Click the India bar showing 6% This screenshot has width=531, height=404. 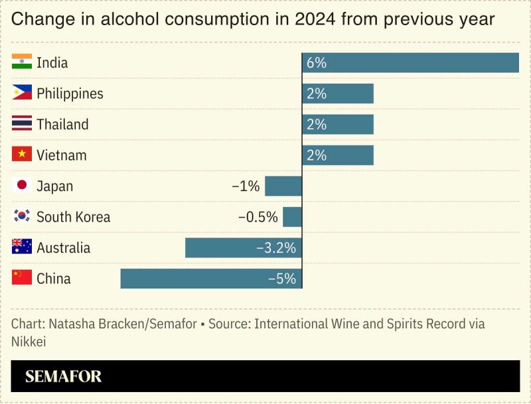(410, 63)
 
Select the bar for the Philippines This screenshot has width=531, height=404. (338, 94)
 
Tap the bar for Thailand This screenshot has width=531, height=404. (338, 125)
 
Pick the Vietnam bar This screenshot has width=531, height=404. (338, 155)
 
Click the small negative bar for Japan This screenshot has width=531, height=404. (283, 186)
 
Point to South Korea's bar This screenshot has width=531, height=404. (293, 217)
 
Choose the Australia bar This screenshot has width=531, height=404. (244, 248)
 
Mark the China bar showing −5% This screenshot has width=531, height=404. (211, 279)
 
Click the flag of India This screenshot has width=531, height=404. (22, 63)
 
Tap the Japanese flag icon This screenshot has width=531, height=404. (22, 186)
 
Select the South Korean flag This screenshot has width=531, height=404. (22, 216)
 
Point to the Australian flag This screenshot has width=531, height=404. (22, 247)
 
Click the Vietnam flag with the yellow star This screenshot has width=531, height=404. (22, 155)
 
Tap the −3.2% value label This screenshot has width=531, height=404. (275, 248)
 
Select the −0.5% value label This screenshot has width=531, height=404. (258, 217)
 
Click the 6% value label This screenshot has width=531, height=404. (317, 63)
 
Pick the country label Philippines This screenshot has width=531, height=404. (70, 94)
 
